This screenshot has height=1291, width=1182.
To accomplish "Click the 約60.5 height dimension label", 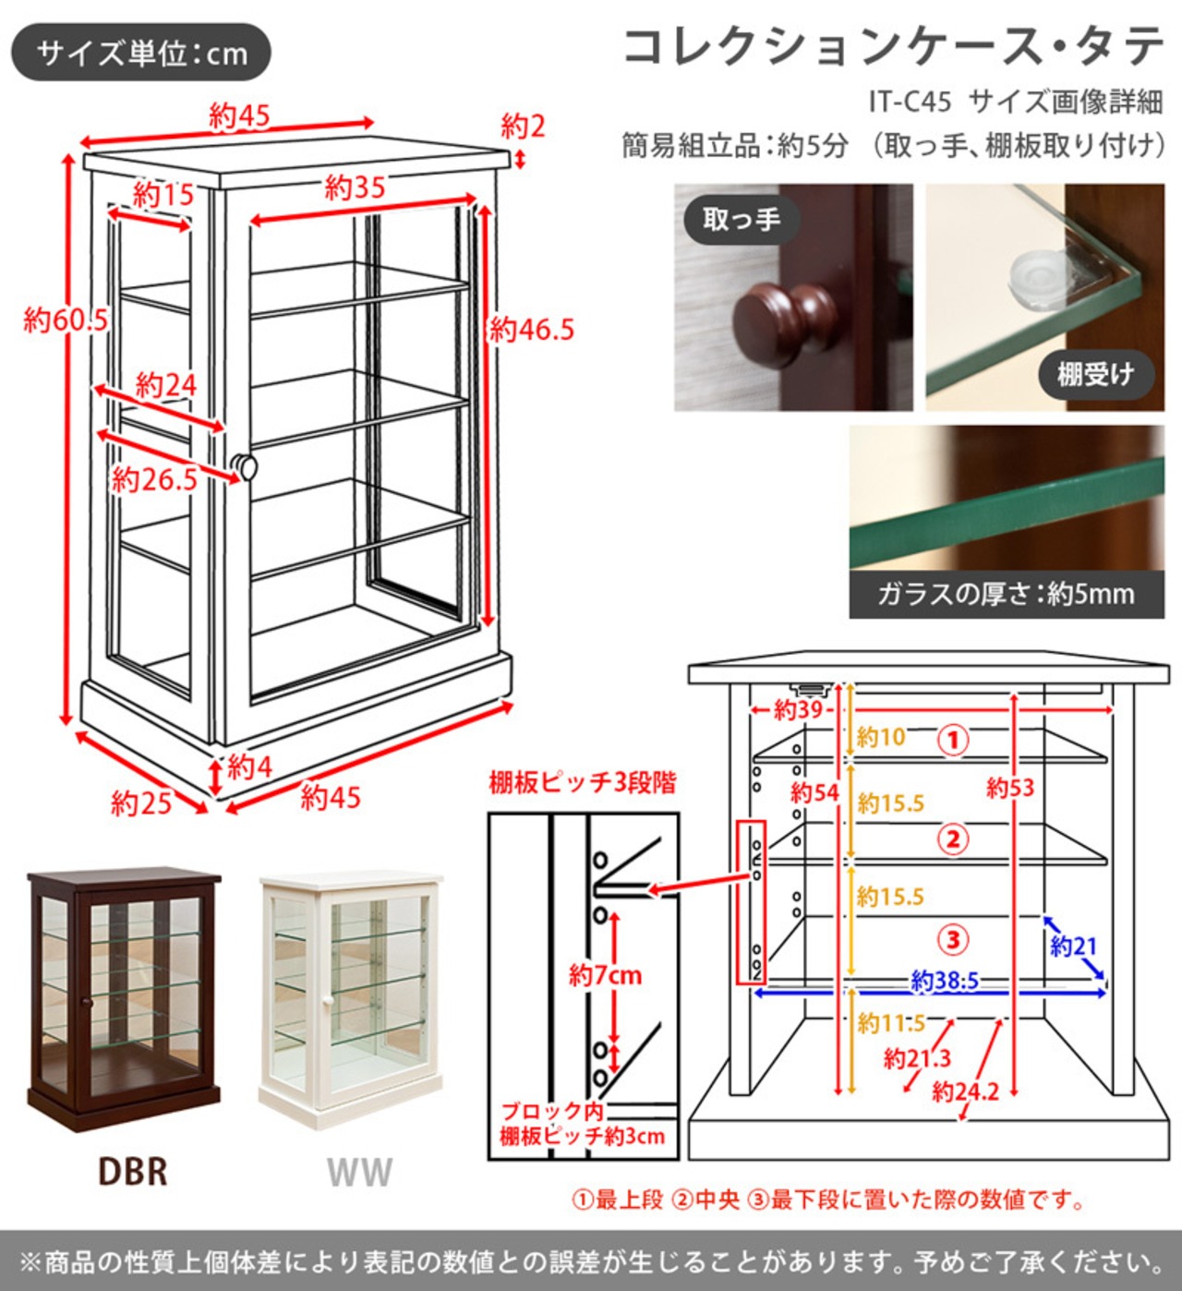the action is (x=66, y=320).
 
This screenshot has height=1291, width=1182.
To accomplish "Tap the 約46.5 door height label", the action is (x=532, y=329).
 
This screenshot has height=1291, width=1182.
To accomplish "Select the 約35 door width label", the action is (x=355, y=188).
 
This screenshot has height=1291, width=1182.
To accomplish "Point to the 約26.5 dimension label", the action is (x=154, y=479).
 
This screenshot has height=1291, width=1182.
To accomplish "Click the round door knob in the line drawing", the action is (x=244, y=466).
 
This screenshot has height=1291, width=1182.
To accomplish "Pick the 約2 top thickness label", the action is (x=523, y=127).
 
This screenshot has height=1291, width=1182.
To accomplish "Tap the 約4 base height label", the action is (x=249, y=766).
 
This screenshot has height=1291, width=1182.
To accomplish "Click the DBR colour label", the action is (x=133, y=1172).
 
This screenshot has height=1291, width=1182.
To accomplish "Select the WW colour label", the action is (x=359, y=1173).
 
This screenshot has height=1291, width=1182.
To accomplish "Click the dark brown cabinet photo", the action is (x=124, y=998).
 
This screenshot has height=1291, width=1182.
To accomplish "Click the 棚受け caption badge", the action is (x=1095, y=374).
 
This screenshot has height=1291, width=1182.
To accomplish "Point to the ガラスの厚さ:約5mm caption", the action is (x=1006, y=594).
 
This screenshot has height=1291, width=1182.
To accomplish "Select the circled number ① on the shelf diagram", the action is (x=953, y=740).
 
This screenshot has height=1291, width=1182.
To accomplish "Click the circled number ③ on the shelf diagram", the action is (x=953, y=940).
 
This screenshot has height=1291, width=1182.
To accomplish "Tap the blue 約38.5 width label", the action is (x=944, y=980).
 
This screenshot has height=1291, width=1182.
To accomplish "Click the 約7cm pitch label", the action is (x=605, y=974).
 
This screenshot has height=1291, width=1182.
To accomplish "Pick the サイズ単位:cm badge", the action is (x=141, y=53).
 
